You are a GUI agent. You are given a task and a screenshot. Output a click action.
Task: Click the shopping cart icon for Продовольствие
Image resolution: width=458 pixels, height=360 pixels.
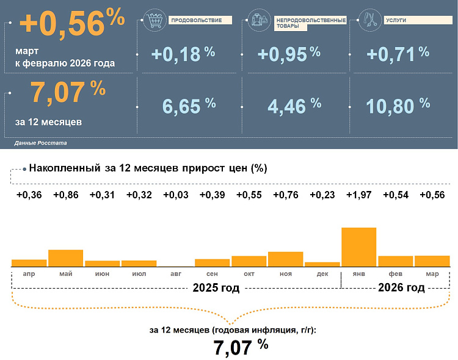(154, 20)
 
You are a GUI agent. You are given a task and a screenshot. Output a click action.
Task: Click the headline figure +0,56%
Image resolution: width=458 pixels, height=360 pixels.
(72, 23)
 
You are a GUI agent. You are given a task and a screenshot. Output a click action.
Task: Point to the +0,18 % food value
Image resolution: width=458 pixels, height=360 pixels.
(183, 54)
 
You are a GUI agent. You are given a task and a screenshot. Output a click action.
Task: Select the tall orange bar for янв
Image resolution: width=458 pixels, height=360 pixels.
(358, 247)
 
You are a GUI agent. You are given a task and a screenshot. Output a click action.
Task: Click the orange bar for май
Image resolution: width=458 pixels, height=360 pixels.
(65, 257)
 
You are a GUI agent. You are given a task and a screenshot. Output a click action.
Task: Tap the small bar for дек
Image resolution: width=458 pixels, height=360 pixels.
(322, 264)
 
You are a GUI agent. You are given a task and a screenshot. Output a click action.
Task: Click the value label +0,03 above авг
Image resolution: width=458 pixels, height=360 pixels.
(175, 195)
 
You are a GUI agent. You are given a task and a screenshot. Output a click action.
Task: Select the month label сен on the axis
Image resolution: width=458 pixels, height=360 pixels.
(213, 275)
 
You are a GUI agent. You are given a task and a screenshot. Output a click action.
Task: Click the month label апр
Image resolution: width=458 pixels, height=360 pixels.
(29, 275)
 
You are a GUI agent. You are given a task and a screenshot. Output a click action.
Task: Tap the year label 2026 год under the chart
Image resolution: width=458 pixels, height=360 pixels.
(401, 287)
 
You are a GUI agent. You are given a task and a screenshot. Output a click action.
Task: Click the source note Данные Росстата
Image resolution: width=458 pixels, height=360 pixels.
(40, 143)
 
